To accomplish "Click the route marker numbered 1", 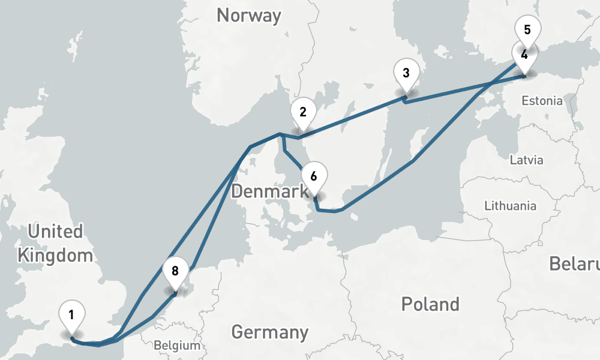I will [x=71, y=315].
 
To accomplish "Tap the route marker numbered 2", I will [x=303, y=112].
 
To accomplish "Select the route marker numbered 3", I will [x=406, y=74].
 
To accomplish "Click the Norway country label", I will [x=248, y=16].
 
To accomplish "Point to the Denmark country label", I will [x=269, y=192].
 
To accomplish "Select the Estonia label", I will [x=542, y=100].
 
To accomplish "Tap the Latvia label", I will [x=526, y=160].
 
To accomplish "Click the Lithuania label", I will [x=510, y=206].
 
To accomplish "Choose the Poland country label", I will [x=430, y=304].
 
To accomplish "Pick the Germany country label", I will [x=269, y=332].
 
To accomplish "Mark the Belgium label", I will [x=176, y=346].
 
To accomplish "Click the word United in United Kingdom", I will [x=55, y=231].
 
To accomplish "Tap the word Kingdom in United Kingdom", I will [x=55, y=256].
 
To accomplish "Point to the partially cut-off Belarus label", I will [x=575, y=264].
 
